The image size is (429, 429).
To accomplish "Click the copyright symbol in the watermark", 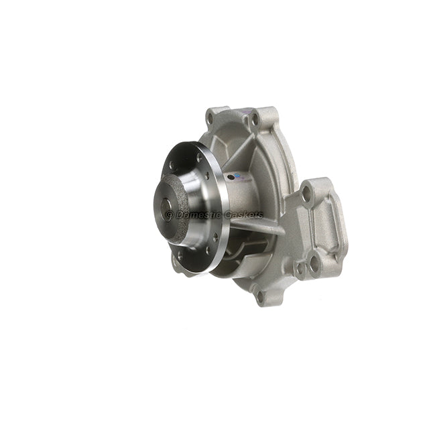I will tap(169, 214).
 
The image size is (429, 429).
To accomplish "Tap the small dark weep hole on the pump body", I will tap(231, 178).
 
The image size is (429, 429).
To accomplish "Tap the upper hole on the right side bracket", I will tap(306, 194).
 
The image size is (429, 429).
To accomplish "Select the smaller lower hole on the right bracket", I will tap(298, 269).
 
